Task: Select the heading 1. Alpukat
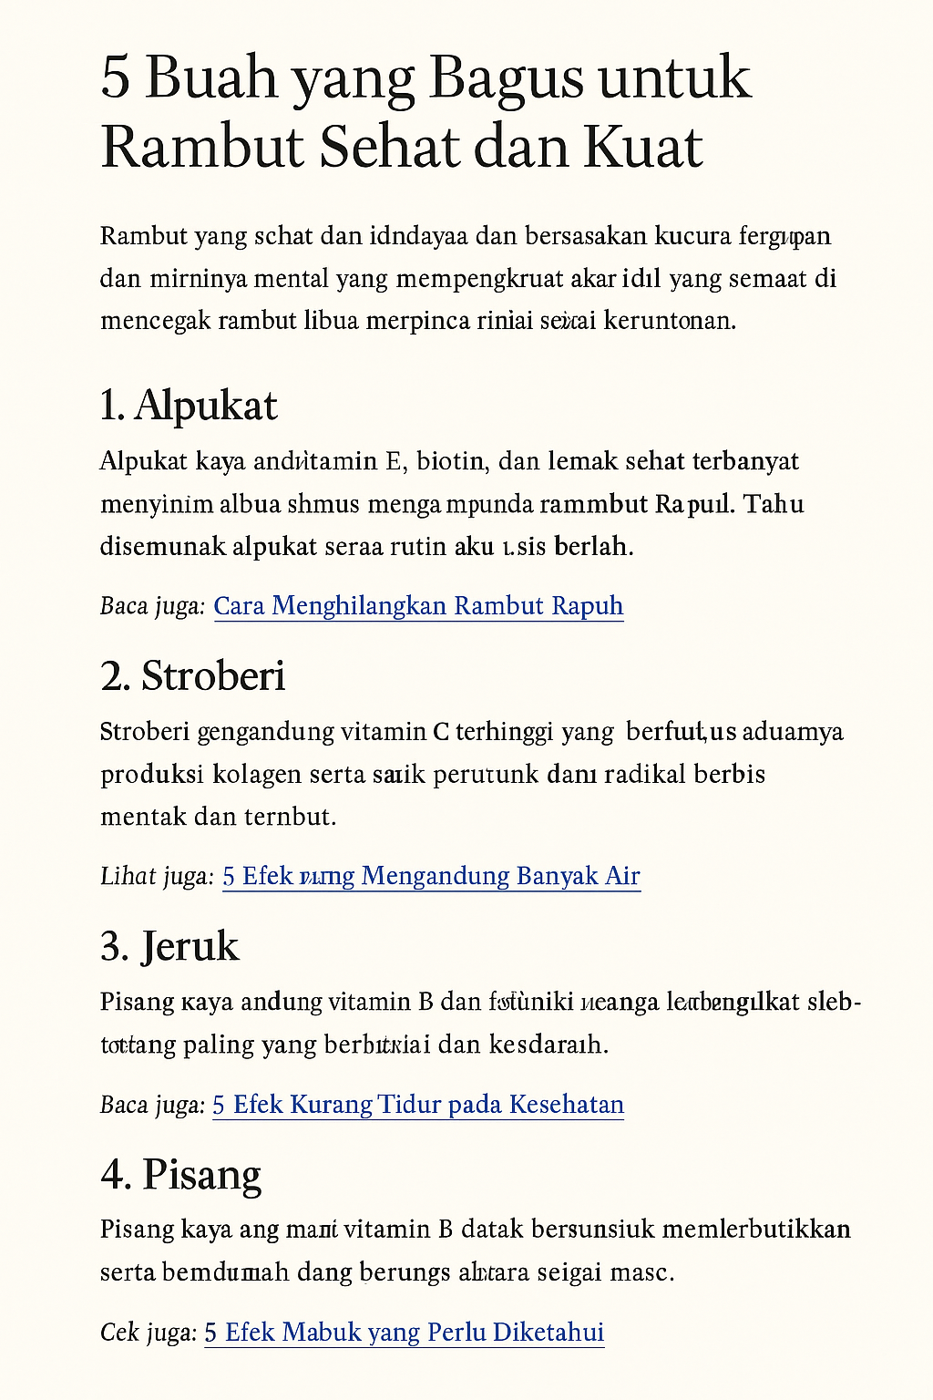pos(189,406)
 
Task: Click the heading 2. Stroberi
pos(193,676)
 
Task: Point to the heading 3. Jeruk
pos(169,946)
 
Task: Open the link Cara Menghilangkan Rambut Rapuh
pos(418,606)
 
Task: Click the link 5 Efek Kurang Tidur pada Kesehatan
pos(418,1105)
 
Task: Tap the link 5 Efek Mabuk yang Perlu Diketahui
pos(404,1333)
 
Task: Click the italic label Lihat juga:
pos(157,876)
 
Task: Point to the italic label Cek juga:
pos(149,1333)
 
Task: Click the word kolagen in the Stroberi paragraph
pos(257,775)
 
